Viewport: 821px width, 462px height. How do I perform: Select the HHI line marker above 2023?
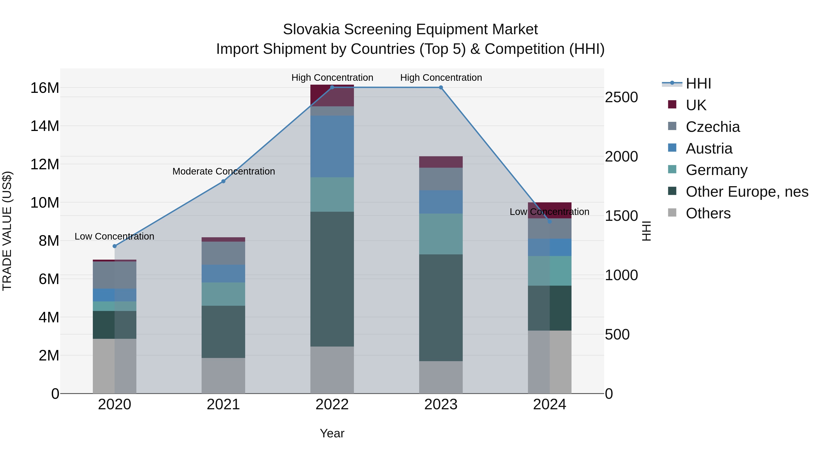tap(441, 87)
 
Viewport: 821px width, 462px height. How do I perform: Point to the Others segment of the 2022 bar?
tap(332, 370)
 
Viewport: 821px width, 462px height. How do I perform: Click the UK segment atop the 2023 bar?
tap(441, 162)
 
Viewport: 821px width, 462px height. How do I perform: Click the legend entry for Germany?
tap(716, 170)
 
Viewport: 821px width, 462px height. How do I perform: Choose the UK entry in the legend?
tap(696, 105)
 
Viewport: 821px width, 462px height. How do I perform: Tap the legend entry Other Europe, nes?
tap(747, 192)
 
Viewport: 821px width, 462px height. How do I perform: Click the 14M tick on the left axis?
tap(45, 126)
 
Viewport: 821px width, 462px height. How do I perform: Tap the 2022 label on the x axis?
tap(332, 405)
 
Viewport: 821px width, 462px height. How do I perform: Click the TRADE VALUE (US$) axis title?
tap(7, 231)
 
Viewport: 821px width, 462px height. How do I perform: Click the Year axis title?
tap(332, 433)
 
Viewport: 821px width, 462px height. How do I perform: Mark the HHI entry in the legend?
tap(698, 84)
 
